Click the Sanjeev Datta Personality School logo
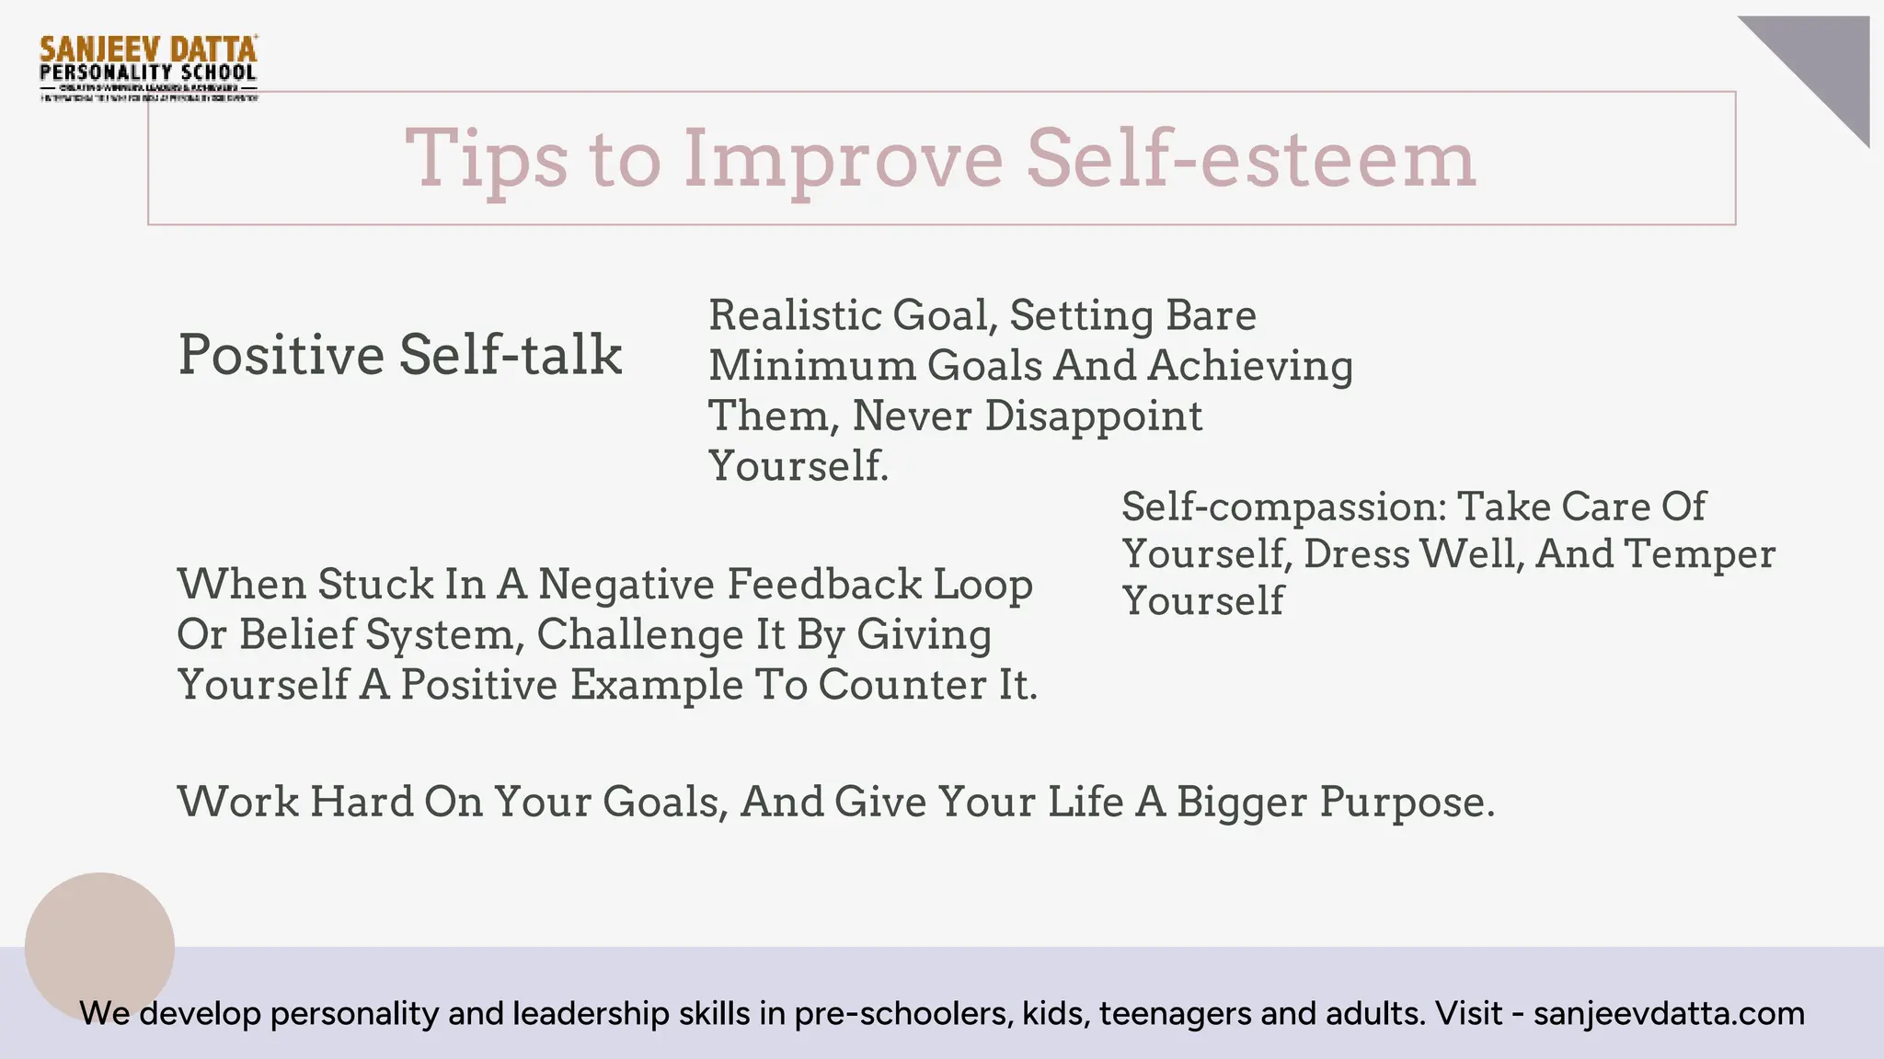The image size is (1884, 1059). [x=148, y=67]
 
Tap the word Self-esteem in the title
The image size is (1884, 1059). [x=1251, y=158]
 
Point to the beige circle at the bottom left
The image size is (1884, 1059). [x=99, y=947]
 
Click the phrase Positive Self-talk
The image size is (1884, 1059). [x=399, y=355]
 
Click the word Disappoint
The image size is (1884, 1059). [x=1093, y=416]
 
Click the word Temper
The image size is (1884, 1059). [x=1699, y=553]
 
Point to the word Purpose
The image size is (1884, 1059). [x=1406, y=803]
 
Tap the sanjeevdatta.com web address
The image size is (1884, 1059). [x=1669, y=1013]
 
